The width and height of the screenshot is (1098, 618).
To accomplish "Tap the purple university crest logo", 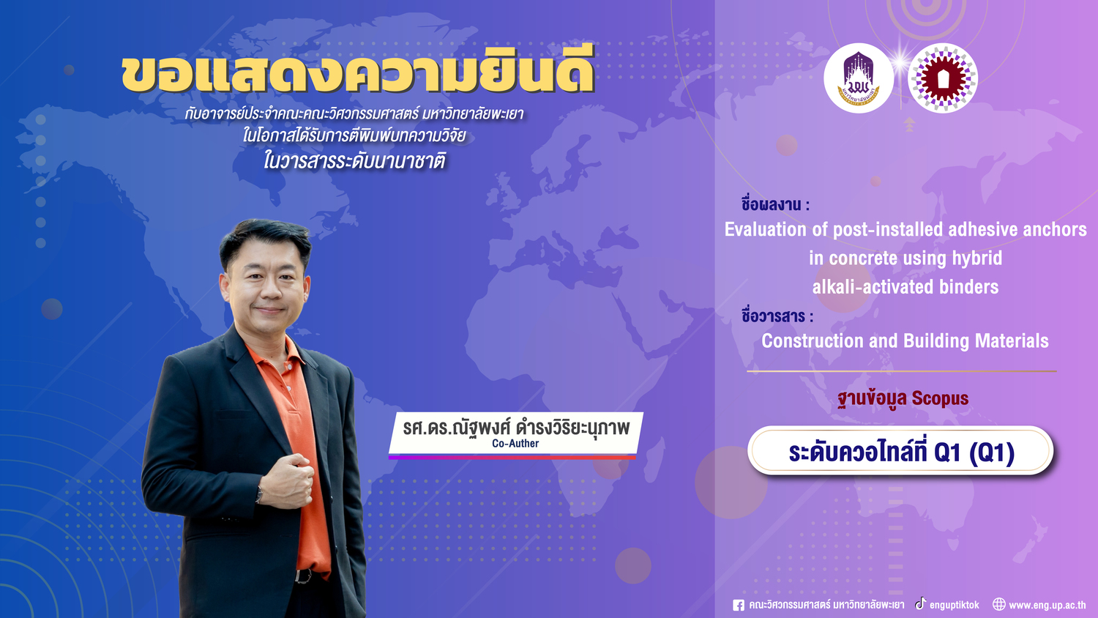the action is pos(859,78).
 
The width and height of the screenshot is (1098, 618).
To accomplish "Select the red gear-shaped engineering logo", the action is pos(943,78).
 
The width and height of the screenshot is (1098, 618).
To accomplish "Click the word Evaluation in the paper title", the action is pos(765,229).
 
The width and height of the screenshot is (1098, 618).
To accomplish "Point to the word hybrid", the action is pos(977,258).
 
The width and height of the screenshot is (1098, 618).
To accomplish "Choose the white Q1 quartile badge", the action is pos(900,451).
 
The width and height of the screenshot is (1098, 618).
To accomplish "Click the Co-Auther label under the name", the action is pos(515,444).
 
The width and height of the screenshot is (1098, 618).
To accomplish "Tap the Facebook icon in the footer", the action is pos(738,605).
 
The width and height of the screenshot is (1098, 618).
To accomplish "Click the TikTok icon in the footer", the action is pos(921,603).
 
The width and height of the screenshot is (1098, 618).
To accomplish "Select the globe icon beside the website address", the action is pos(999,604).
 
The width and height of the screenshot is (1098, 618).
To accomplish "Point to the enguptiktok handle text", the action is pos(954,606).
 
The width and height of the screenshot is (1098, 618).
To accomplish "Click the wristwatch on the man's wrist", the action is pos(259,494).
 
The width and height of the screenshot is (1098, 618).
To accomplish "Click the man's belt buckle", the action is pos(304,576).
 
